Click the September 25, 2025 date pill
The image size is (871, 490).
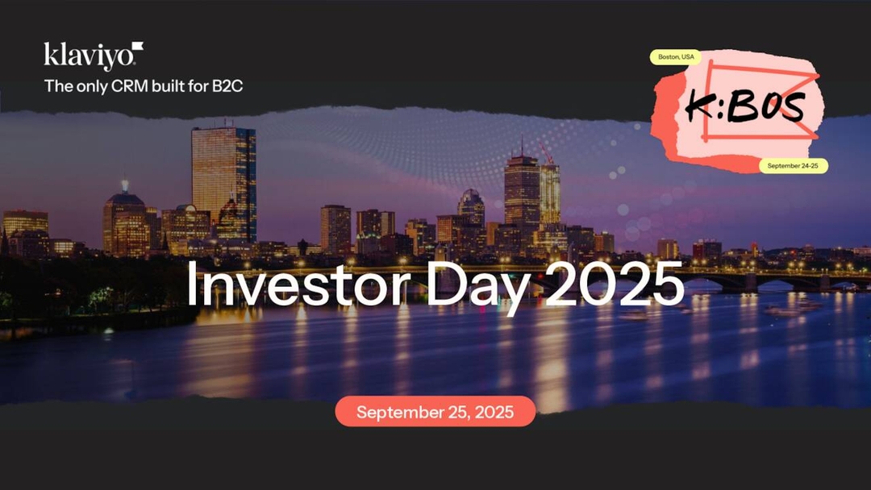click(x=435, y=412)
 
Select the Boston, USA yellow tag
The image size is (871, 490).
click(x=677, y=57)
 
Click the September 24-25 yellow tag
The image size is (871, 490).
click(x=793, y=166)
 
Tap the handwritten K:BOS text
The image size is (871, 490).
click(x=744, y=107)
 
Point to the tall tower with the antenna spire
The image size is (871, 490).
click(x=521, y=189)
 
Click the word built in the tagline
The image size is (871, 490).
click(x=176, y=86)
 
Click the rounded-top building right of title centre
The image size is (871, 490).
click(x=471, y=205)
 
